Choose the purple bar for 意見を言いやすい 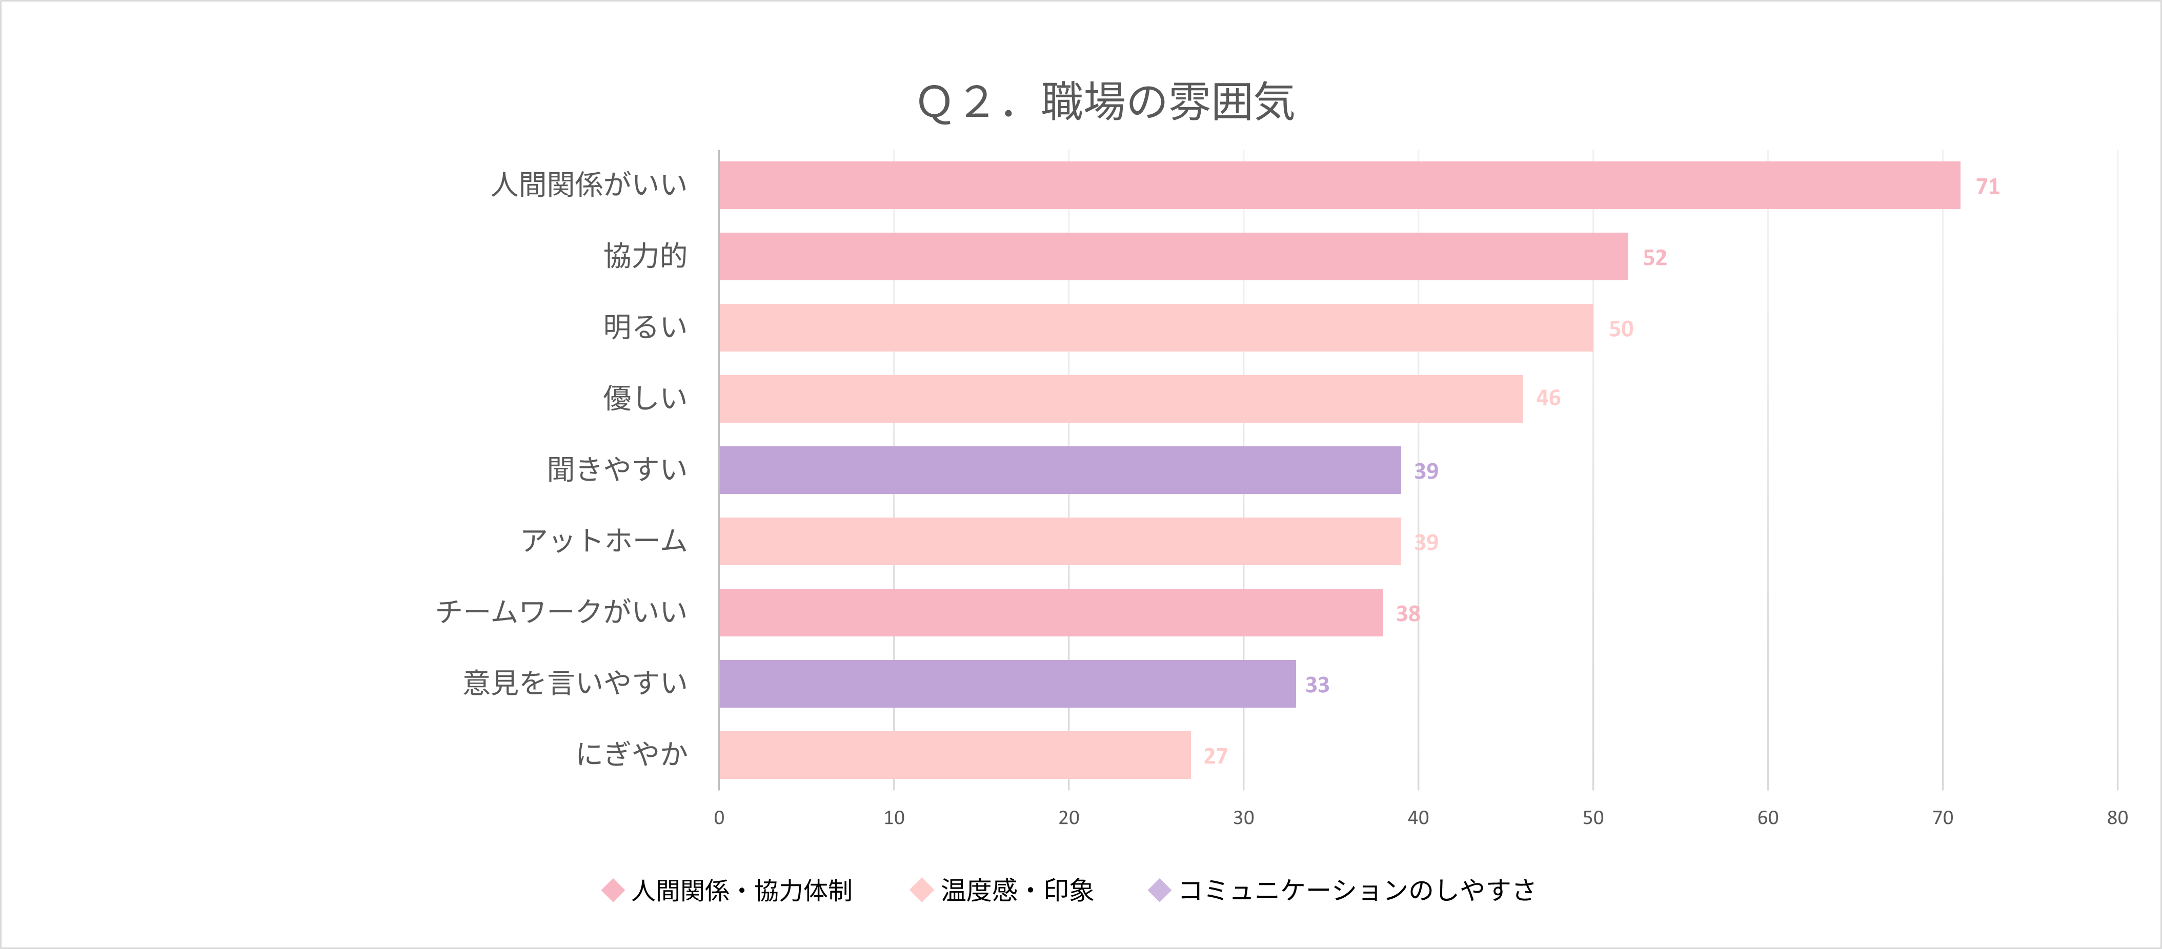1006,684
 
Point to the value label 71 1987,187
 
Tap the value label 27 1215,756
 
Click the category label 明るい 644,327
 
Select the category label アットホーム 603,541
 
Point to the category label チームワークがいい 561,612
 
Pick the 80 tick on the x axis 2117,818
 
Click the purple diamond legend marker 1159,890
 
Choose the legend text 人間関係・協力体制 741,890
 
